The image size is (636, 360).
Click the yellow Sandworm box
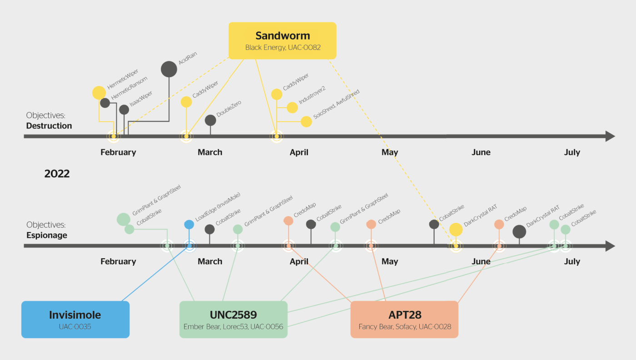click(282, 40)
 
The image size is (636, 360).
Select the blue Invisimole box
click(75, 319)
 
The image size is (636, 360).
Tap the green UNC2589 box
click(234, 319)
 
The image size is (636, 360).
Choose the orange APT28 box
click(404, 319)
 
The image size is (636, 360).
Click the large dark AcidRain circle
click(169, 69)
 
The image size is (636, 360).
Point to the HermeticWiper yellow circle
click(99, 93)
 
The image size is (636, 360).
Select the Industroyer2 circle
click(292, 108)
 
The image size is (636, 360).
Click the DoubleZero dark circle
click(210, 120)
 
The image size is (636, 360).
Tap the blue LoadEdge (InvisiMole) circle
click(189, 224)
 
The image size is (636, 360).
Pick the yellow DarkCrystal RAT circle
click(456, 229)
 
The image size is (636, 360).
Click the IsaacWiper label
click(141, 99)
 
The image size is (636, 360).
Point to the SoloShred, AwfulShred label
click(337, 104)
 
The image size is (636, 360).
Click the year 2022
click(57, 174)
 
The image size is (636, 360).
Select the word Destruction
click(49, 126)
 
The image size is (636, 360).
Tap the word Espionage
click(47, 235)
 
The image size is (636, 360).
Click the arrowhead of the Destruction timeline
click(610, 136)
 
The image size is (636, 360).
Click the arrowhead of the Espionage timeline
click(610, 246)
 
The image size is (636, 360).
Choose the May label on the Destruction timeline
click(390, 153)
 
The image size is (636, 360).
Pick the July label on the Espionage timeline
click(572, 262)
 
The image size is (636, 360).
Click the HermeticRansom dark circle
click(105, 103)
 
